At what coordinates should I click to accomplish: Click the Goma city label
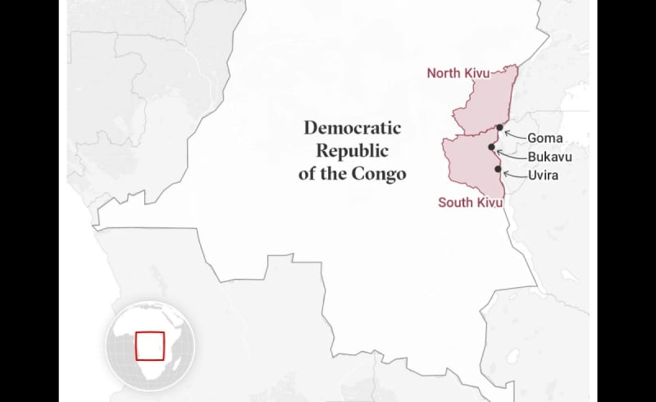point(544,138)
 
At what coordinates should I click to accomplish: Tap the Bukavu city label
point(549,156)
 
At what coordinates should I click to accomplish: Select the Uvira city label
point(544,175)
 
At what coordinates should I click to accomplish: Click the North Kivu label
point(458,73)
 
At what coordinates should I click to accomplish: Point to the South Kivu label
point(471,203)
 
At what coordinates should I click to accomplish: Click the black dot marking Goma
point(499,127)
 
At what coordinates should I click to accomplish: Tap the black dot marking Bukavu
point(491,148)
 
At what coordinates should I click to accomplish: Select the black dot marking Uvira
point(498,169)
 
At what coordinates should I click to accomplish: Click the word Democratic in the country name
point(353,128)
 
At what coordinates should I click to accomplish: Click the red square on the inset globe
point(149,345)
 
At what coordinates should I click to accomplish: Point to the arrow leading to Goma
point(514,134)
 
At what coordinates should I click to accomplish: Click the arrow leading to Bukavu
point(510,154)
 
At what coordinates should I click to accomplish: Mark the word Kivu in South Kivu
point(491,203)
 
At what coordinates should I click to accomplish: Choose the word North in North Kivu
point(444,73)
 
